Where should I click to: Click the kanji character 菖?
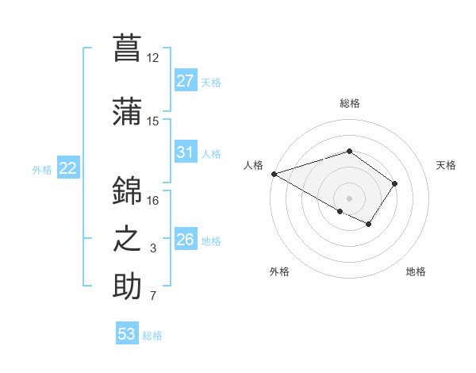[127, 48]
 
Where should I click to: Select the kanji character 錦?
[127, 191]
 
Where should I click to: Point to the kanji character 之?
[127, 239]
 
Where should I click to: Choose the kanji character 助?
[127, 286]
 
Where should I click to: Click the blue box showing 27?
[186, 82]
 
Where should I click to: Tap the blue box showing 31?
[186, 153]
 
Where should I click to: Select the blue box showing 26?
[186, 240]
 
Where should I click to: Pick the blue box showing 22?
[67, 168]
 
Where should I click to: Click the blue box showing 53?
[127, 334]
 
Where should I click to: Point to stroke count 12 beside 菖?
[153, 57]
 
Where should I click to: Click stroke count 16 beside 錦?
[153, 200]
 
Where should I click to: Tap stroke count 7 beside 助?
[153, 296]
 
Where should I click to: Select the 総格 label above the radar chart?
[350, 103]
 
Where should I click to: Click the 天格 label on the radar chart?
[446, 165]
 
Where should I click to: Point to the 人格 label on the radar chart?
[253, 165]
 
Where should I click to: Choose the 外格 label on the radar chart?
[279, 271]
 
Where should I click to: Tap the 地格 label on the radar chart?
[416, 271]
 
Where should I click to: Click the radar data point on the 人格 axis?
[273, 174]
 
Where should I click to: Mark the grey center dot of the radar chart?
[349, 198]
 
